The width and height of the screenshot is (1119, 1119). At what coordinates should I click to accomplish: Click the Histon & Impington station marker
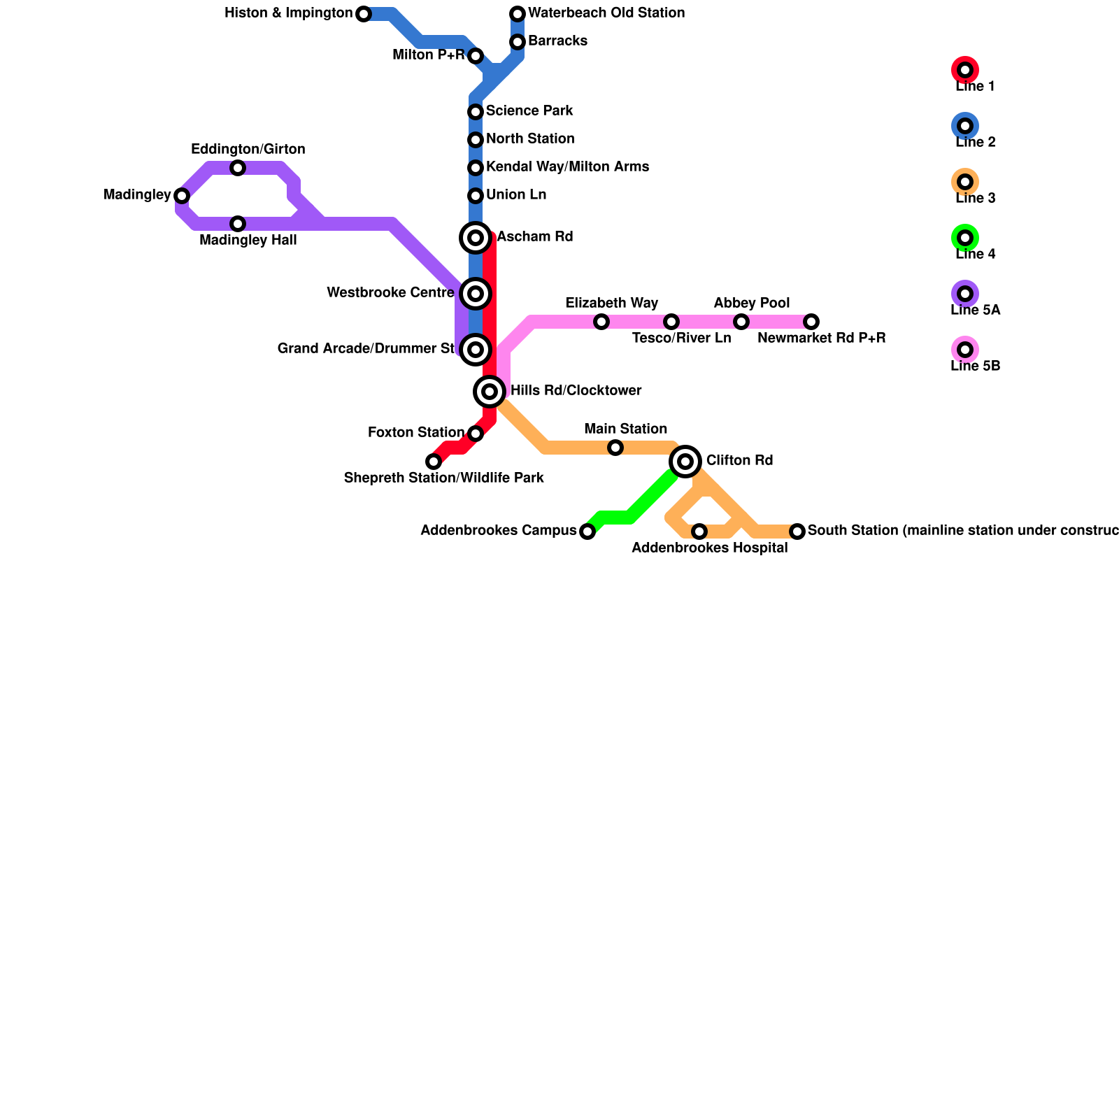click(364, 14)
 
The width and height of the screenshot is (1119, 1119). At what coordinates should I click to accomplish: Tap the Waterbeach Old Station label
click(606, 13)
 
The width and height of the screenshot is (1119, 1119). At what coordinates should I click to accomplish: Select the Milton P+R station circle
click(476, 56)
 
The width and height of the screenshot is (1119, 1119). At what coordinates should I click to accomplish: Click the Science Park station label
click(529, 111)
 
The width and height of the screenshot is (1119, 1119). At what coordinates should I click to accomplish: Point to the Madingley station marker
click(182, 196)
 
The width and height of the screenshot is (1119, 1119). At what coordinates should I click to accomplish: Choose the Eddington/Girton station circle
click(238, 168)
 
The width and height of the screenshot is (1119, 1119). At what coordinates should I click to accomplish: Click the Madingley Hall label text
click(248, 241)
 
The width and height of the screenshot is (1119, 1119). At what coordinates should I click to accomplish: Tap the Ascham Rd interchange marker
click(476, 238)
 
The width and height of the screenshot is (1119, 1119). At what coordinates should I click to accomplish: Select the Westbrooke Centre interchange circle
click(476, 294)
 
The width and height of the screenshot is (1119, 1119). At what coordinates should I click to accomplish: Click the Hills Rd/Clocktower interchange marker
click(490, 392)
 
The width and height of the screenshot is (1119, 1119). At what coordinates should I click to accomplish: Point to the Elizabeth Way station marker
click(601, 322)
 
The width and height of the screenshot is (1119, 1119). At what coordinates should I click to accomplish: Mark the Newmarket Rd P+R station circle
click(811, 322)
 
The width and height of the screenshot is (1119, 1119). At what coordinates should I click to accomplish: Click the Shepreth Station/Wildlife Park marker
click(434, 462)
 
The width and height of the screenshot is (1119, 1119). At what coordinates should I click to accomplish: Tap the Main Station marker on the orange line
click(615, 448)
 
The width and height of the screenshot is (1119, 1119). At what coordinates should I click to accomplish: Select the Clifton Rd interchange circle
click(685, 462)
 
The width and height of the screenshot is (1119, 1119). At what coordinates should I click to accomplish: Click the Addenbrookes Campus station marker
click(587, 532)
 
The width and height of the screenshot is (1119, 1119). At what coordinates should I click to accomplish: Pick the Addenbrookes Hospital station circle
click(699, 532)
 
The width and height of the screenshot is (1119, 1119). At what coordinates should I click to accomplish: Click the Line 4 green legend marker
click(965, 238)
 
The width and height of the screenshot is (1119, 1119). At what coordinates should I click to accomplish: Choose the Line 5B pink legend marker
click(965, 350)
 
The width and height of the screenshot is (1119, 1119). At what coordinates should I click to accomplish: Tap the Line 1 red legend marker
click(965, 70)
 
